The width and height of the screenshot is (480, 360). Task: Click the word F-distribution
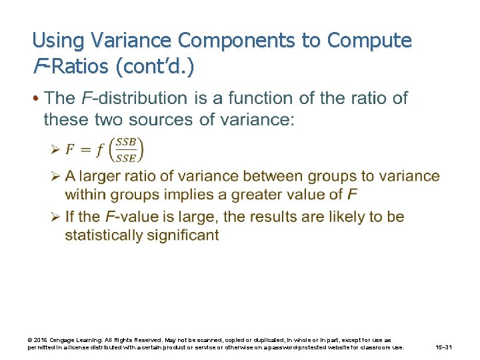[x=134, y=99]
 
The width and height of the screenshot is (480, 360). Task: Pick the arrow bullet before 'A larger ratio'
[x=57, y=177]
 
